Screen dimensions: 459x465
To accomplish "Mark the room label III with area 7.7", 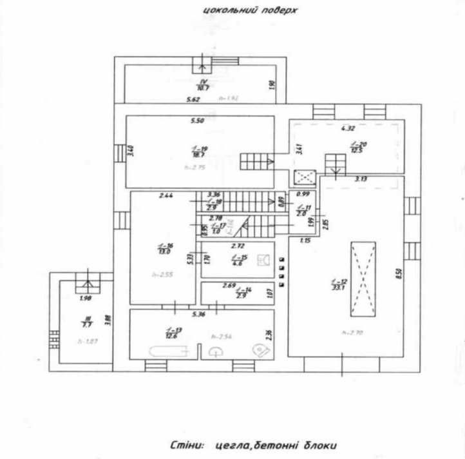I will (x=87, y=320).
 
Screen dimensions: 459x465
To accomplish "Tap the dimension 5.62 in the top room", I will (x=193, y=100).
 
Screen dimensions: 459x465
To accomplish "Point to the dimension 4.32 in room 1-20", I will (x=348, y=128).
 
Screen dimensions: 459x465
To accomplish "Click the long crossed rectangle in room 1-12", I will (x=362, y=278).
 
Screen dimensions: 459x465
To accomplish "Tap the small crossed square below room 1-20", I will (x=303, y=177).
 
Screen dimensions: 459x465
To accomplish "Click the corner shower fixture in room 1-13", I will (x=261, y=349).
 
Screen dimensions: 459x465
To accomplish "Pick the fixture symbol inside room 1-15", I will (x=263, y=260).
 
